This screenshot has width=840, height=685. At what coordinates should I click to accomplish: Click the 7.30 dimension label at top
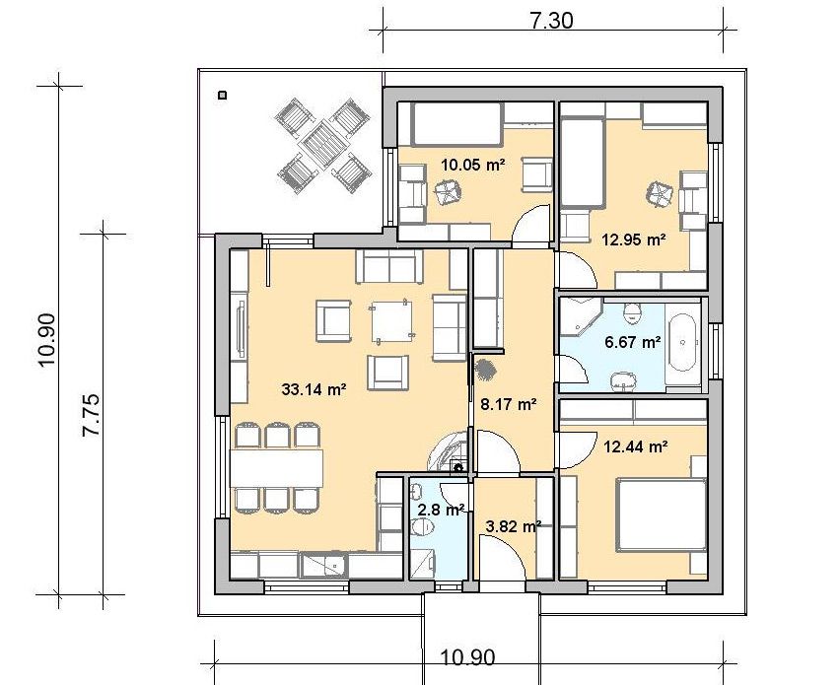[551, 21]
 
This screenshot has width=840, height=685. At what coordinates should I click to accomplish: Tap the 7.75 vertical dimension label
[91, 415]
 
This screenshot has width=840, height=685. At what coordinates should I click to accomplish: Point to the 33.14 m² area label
[314, 389]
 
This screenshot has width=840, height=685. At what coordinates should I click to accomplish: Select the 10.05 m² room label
[473, 164]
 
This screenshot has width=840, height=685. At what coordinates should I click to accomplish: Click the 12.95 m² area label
[634, 239]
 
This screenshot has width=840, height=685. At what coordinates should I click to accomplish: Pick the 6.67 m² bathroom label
[633, 341]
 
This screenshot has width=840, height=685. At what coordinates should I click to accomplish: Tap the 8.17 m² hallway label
[509, 404]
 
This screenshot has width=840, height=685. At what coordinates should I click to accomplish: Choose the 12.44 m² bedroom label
[636, 445]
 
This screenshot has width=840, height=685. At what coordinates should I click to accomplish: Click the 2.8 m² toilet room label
[441, 510]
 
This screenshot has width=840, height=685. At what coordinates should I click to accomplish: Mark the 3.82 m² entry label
[513, 526]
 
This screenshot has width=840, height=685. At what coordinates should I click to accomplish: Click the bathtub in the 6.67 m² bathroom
[683, 343]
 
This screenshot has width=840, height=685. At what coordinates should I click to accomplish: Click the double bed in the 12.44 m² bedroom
[660, 514]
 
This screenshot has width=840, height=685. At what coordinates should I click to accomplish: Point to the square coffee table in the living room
[391, 320]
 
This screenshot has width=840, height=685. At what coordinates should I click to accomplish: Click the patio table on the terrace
[323, 145]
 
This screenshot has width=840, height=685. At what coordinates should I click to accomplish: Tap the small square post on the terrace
[222, 96]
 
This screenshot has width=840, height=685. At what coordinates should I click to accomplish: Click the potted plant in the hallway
[485, 370]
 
